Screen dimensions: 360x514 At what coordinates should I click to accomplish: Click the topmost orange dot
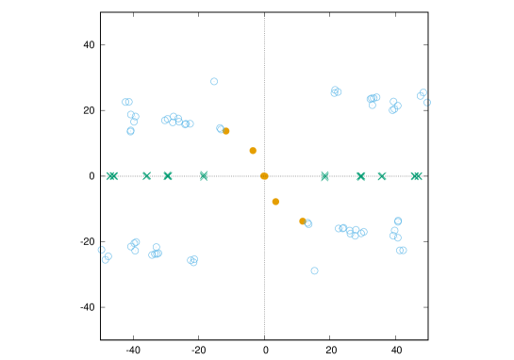point(225,131)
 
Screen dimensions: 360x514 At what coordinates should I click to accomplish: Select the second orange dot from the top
point(253,151)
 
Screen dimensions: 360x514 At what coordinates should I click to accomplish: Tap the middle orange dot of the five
point(264,176)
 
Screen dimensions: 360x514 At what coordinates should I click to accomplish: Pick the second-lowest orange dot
point(275,202)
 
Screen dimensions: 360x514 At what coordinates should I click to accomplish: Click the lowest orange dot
point(303,221)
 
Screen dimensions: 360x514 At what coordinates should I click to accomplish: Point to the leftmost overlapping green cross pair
point(112,176)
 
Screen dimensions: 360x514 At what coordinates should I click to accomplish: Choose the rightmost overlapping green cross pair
point(416,176)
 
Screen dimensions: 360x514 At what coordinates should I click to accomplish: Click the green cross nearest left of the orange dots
point(204,176)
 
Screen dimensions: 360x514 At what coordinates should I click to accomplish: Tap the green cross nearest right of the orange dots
point(324,176)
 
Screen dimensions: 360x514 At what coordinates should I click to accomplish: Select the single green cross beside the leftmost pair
point(146,176)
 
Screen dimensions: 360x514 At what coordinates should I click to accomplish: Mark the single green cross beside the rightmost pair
point(382,176)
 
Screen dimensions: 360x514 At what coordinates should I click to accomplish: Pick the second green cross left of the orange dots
point(168,176)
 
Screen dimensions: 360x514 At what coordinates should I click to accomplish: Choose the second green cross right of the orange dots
point(361,176)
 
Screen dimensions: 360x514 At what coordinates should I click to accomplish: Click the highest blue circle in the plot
point(214,82)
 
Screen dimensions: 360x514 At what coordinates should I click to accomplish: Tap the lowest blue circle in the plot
point(314,270)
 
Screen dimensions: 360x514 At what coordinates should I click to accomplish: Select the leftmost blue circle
point(101,250)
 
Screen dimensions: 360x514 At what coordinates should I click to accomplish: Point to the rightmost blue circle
point(427,102)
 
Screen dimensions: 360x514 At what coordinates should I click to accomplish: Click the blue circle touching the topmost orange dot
point(220,128)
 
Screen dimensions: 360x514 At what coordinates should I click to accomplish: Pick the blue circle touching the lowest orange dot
point(308,223)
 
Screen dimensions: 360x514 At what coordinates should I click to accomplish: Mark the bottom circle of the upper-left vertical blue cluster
point(130,131)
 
